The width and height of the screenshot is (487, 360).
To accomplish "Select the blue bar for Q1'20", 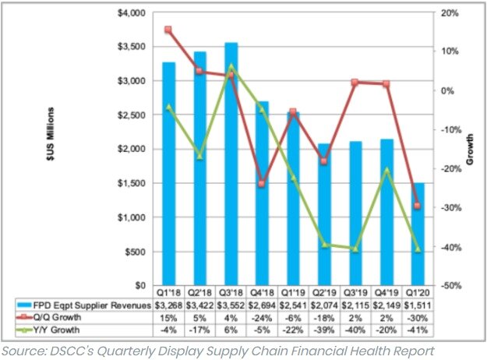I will coord(418,234).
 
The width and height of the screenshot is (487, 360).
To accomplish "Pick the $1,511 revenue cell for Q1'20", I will coord(418,305).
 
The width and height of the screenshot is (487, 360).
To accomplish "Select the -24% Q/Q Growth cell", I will coord(262,318).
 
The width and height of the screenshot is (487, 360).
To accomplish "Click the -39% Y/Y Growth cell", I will coord(324,330).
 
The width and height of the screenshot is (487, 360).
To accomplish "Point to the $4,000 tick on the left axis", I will coord(129,14).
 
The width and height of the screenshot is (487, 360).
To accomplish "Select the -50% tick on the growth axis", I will coord(450,286).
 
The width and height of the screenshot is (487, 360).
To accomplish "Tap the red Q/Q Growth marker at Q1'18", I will coord(168,30).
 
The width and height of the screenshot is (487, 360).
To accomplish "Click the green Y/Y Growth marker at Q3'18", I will coord(231,67).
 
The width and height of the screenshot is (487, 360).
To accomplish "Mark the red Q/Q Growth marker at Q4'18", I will coord(262,184).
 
